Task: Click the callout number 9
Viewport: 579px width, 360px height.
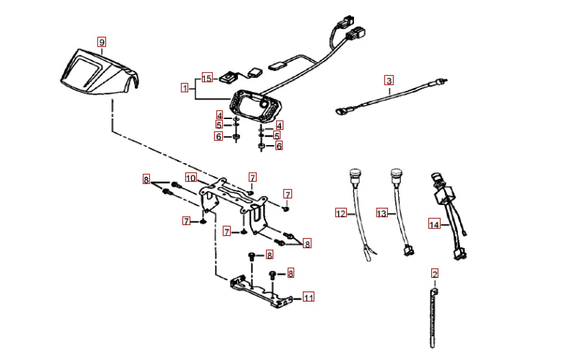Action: pos(102,42)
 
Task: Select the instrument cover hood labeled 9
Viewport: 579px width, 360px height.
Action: pos(100,72)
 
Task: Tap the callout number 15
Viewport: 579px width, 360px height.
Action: pos(207,79)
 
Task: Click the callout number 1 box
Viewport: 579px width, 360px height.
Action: pos(185,88)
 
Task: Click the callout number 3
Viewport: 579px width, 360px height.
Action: pos(389,80)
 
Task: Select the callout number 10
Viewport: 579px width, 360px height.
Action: pos(190,178)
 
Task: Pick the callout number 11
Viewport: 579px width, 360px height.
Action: pos(309,297)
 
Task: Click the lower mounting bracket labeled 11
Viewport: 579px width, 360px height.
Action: pos(260,292)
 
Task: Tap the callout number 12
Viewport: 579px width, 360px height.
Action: pos(341,214)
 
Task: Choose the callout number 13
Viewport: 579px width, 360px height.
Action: pos(382,214)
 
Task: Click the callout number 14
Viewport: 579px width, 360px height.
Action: pos(434,224)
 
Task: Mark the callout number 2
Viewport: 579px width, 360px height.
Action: pos(435,274)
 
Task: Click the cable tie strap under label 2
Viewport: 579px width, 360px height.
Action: pos(433,318)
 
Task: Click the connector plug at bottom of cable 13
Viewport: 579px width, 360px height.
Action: pos(409,250)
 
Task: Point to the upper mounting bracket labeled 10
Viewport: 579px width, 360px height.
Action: pos(234,204)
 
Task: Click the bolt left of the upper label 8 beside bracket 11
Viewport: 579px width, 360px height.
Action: pos(252,255)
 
